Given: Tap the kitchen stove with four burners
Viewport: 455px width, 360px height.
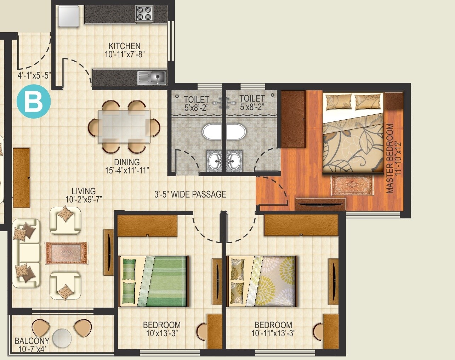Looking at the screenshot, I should click(x=144, y=13).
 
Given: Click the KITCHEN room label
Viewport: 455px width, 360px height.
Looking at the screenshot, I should click(x=124, y=46).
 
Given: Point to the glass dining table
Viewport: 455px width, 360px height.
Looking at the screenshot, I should click(x=124, y=126).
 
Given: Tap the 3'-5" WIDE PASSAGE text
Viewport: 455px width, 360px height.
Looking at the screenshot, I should click(x=190, y=194).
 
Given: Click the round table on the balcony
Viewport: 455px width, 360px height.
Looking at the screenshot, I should click(x=62, y=338).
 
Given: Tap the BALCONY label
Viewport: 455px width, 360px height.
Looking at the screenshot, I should click(x=32, y=341).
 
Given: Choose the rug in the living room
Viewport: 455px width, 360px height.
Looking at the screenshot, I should click(x=66, y=253).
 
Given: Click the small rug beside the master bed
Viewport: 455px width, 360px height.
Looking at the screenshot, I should click(x=352, y=185).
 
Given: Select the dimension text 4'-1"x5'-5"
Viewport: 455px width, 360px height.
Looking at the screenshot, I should click(x=34, y=75).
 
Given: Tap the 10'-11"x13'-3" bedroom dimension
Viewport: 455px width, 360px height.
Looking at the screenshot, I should click(x=273, y=333).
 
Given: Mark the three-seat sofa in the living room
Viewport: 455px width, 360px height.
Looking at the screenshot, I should click(x=26, y=253).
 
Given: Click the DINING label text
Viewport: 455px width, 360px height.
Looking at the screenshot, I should click(x=127, y=162).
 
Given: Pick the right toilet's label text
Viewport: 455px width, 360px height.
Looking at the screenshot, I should click(x=252, y=98).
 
